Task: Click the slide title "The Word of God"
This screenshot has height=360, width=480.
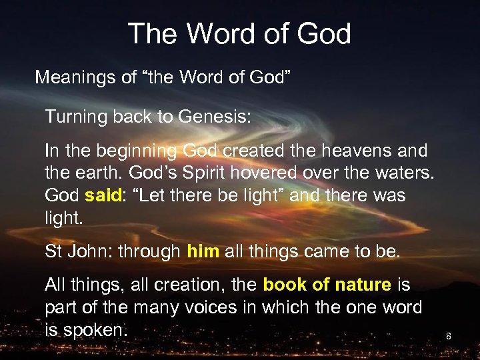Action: [239, 33]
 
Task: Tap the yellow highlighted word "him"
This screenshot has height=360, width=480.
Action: [203, 251]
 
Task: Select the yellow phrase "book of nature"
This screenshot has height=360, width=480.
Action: [327, 285]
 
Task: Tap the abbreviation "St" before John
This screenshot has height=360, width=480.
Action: [54, 251]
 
